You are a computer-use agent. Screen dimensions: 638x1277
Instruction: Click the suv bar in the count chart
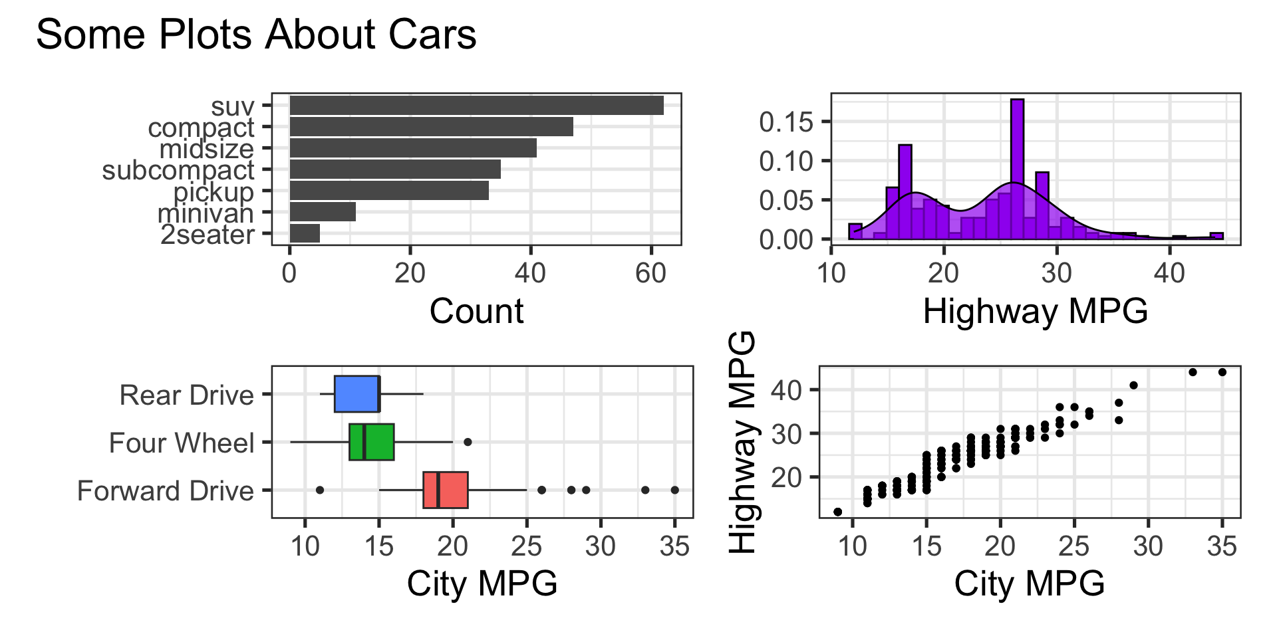pyautogui.click(x=476, y=106)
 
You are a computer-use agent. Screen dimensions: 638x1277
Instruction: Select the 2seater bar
pyautogui.click(x=305, y=234)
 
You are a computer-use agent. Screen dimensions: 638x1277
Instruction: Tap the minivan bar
pyautogui.click(x=323, y=213)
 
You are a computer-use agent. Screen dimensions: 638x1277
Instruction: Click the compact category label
pyautogui.click(x=201, y=128)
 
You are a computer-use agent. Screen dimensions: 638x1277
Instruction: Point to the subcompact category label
pyautogui.click(x=178, y=171)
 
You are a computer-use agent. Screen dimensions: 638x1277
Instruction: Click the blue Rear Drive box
pyautogui.click(x=356, y=394)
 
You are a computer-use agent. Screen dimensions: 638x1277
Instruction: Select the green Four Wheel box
pyautogui.click(x=372, y=442)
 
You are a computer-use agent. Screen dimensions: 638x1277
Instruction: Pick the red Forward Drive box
pyautogui.click(x=446, y=490)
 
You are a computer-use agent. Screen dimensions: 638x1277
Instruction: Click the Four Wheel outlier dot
pyautogui.click(x=468, y=442)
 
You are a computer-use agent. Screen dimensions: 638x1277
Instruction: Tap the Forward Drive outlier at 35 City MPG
pyautogui.click(x=674, y=490)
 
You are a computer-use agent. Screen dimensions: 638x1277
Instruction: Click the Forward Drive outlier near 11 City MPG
pyautogui.click(x=320, y=490)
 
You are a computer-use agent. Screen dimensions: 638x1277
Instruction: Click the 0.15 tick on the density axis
pyautogui.click(x=786, y=122)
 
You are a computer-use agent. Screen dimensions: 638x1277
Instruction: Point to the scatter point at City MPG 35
pyautogui.click(x=1222, y=372)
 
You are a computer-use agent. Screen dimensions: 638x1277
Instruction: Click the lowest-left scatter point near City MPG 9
pyautogui.click(x=838, y=512)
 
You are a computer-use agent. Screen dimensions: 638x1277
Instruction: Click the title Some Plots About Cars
pyautogui.click(x=256, y=35)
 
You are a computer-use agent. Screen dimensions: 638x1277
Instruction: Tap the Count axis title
pyautogui.click(x=476, y=311)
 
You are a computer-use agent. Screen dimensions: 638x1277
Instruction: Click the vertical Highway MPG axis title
pyautogui.click(x=743, y=442)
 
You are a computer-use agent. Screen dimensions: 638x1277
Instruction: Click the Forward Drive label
pyautogui.click(x=166, y=491)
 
